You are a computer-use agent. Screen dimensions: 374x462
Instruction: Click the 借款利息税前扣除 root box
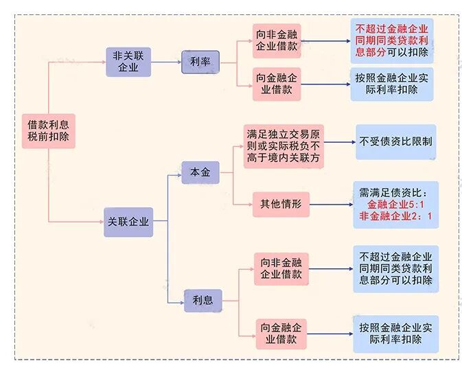48,130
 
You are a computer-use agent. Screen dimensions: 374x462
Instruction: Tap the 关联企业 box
128,222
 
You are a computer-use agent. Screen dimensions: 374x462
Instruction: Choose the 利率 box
200,62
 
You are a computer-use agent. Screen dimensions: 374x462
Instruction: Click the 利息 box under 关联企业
202,300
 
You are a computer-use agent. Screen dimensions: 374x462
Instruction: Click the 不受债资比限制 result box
395,142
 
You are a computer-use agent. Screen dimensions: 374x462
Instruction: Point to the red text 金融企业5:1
397,204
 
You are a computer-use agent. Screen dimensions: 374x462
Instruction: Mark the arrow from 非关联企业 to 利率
166,62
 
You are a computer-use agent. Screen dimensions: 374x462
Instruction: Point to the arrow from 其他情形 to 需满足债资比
331,203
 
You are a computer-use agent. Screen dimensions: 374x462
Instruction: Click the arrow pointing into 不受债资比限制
340,142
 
